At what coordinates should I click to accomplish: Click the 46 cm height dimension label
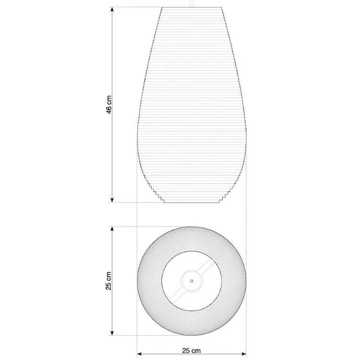pos(109,105)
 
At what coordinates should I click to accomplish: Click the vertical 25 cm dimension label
pos(109,281)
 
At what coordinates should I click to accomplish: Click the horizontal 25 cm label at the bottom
pos(192,350)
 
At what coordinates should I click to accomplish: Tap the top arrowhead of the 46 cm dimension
pos(112,9)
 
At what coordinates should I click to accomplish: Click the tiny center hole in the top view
pos(192,281)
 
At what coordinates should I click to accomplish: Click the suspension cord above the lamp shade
pos(192,3)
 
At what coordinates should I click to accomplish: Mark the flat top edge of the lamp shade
pos(192,7)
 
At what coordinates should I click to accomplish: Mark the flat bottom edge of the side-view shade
pos(192,202)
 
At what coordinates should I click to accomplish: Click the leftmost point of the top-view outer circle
pos(137,281)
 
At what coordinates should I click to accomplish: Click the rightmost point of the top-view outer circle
pos(246,281)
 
